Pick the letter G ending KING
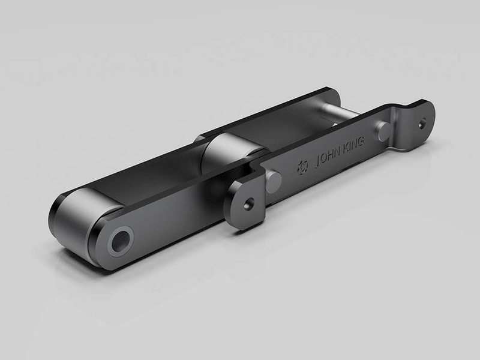pyautogui.click(x=361, y=142)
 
